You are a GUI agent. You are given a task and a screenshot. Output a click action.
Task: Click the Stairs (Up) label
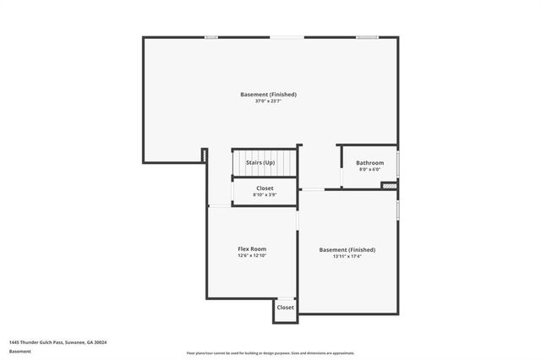[x=260, y=162]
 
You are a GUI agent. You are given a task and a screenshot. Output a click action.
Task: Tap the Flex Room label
[x=252, y=249]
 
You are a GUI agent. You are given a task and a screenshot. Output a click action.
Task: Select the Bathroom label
[x=369, y=163]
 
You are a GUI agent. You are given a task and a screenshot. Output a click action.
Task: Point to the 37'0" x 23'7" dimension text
[x=268, y=101]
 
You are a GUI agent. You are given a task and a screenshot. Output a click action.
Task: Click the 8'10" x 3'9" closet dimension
[x=265, y=195]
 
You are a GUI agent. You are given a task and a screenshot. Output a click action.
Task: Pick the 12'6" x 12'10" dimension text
[x=252, y=256]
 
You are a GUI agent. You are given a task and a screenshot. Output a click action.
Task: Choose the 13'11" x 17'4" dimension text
[x=347, y=256]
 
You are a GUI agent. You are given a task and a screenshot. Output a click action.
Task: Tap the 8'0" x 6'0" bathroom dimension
[x=369, y=170]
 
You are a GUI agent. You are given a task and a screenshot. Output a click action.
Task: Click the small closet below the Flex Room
[x=285, y=308]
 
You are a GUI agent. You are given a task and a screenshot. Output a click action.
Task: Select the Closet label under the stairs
[x=265, y=188]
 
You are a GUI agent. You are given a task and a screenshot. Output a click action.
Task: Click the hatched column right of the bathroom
[x=390, y=185]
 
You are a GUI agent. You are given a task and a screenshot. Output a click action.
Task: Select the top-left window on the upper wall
[x=211, y=36]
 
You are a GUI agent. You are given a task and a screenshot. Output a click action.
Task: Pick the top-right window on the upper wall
[x=366, y=36]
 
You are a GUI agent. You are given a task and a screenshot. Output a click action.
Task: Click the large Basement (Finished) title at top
[x=268, y=95]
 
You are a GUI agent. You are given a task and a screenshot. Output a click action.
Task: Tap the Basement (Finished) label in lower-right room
[x=347, y=249]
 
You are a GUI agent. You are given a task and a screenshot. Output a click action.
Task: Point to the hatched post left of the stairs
[x=205, y=155]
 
